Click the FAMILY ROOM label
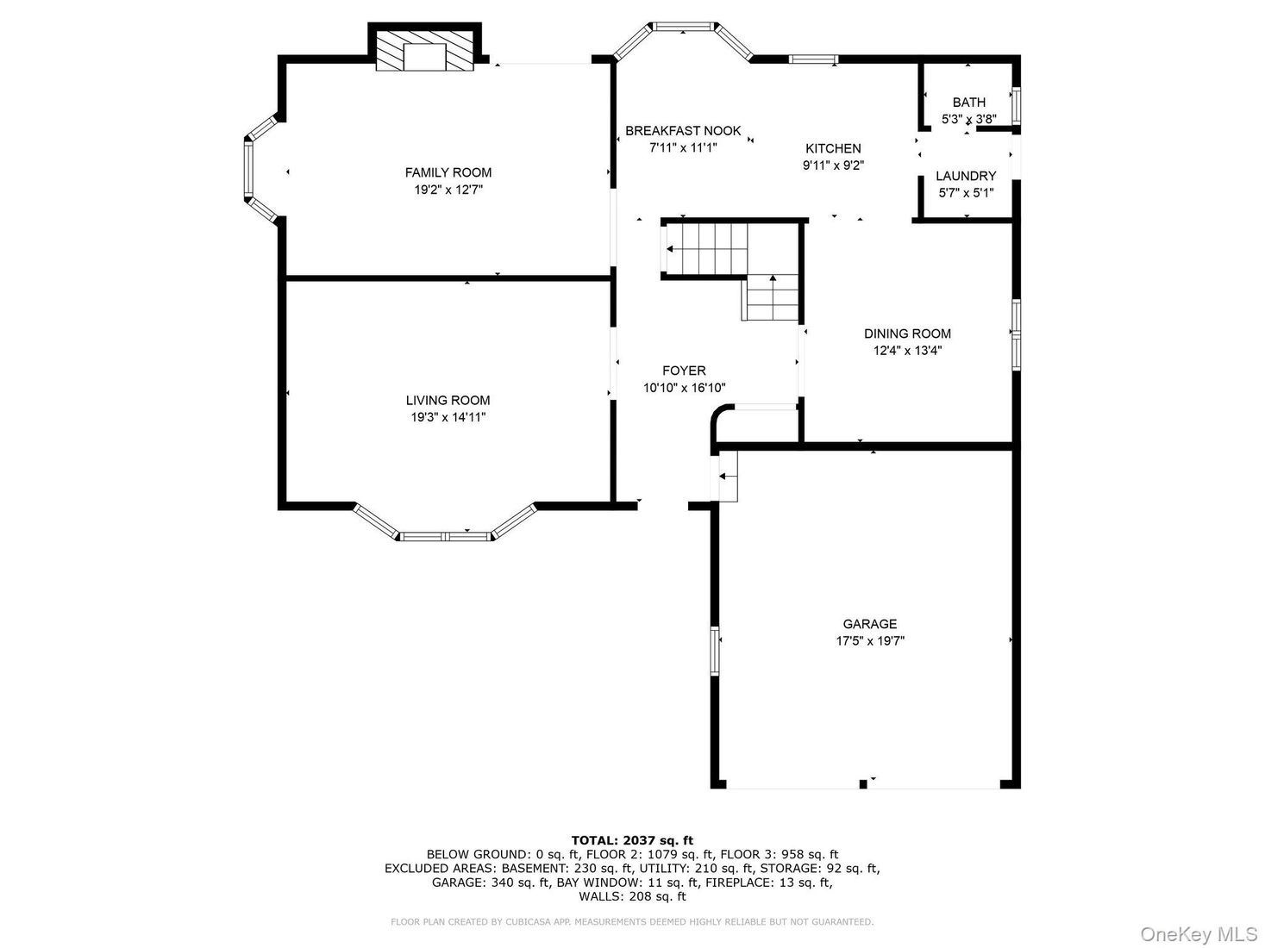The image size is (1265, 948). coord(448,172)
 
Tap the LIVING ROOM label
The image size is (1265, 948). coord(448,400)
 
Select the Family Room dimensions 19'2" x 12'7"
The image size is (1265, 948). coord(448,190)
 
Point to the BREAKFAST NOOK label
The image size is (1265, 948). coord(683,131)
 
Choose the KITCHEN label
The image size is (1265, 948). coord(833,148)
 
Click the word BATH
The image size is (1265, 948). coord(968,103)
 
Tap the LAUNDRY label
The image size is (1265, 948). coord(966,176)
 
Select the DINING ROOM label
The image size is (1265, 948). coord(907,334)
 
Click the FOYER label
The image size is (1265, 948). coord(684,371)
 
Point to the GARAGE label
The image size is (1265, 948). coord(870,624)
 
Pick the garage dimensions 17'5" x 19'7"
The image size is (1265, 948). coord(870,641)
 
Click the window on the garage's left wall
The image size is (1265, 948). coord(715,652)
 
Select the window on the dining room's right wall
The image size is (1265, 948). coord(1017,334)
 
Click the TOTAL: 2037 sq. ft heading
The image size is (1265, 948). coord(632,840)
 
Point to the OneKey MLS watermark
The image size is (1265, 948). coord(1199,933)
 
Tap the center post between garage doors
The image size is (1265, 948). coord(863,784)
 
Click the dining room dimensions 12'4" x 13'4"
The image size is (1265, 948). coord(908,350)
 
